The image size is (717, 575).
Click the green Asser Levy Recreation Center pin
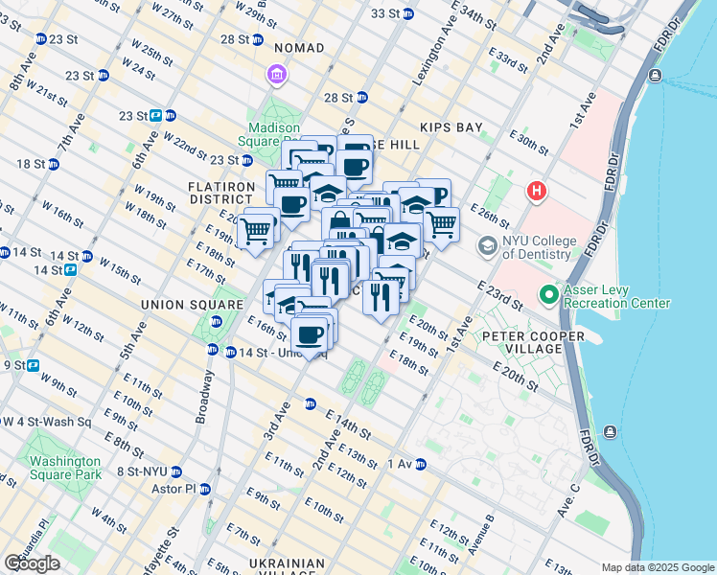point(548,294)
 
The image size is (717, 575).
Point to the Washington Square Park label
point(65,467)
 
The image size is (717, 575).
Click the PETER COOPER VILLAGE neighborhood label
point(533,343)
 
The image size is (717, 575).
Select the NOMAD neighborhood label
point(298,48)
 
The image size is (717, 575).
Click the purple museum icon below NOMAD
point(277,75)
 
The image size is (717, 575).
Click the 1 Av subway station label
point(399,464)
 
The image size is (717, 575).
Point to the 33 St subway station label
point(383,13)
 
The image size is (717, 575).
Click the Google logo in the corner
point(32,563)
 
